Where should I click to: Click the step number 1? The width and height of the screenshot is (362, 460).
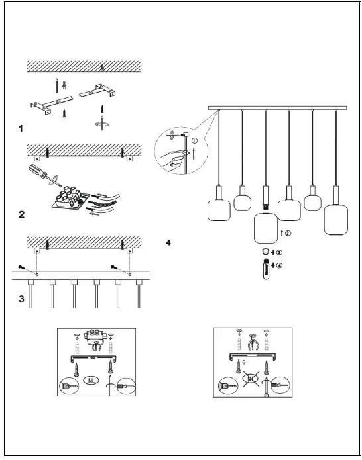[21, 128]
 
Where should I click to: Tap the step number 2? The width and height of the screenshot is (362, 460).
[21, 214]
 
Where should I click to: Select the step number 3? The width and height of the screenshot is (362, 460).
[21, 299]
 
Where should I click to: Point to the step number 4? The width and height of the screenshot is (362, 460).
[168, 243]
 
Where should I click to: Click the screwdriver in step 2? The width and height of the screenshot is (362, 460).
[44, 175]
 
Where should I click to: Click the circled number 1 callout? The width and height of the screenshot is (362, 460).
[194, 140]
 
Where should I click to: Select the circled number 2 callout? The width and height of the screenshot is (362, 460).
[288, 233]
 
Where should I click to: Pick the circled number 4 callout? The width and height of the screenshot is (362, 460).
[279, 265]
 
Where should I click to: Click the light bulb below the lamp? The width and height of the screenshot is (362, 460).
[266, 269]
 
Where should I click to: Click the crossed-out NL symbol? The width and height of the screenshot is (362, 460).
[251, 379]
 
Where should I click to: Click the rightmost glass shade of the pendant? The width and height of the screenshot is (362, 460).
[336, 220]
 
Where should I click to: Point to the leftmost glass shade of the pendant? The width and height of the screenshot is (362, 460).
[219, 210]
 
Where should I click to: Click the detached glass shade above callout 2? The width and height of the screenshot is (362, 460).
[266, 228]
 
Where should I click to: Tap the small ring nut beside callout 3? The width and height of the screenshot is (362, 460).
[266, 252]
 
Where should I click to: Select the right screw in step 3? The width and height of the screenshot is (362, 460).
[115, 267]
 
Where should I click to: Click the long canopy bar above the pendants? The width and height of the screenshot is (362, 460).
[278, 108]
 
